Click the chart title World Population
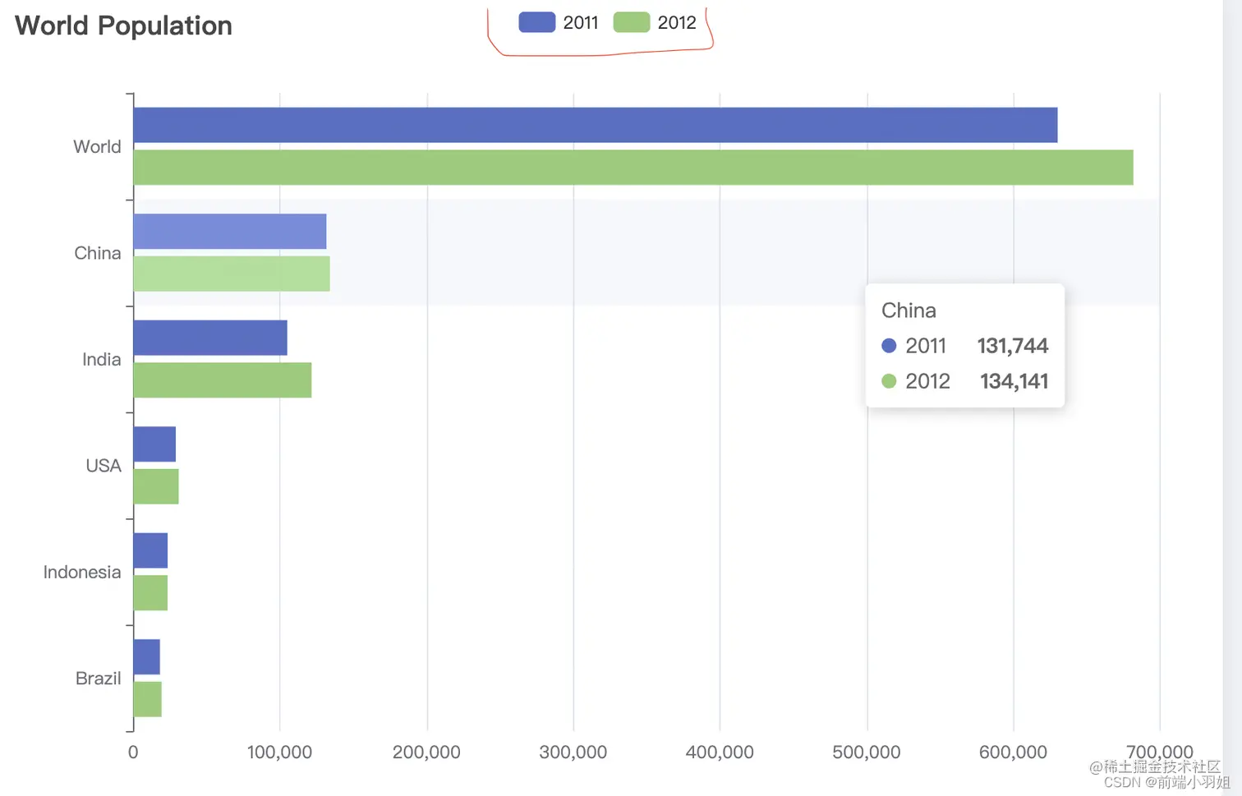[123, 25]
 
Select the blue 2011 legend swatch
[536, 22]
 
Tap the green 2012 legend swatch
[631, 22]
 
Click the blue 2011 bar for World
[595, 125]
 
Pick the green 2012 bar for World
[632, 168]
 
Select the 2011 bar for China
[229, 232]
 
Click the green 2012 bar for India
[222, 380]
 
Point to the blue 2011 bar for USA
[154, 444]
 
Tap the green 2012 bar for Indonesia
[150, 593]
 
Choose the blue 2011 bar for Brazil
[146, 657]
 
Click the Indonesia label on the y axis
[81, 573]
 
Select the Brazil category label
[98, 679]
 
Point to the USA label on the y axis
[103, 466]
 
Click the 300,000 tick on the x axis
[573, 752]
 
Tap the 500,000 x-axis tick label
[866, 752]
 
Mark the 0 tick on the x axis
[133, 752]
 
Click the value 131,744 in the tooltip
[1012, 346]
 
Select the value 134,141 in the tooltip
[1014, 381]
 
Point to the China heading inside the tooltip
[908, 311]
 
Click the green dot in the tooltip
[889, 381]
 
